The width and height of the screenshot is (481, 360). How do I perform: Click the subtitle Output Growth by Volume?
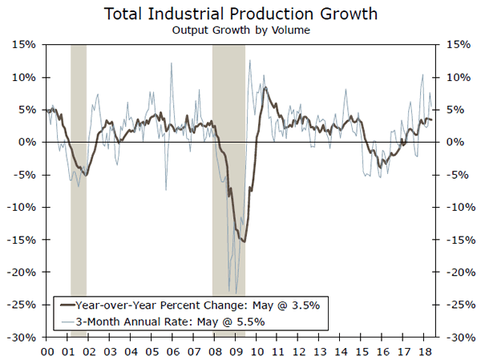pos(240,30)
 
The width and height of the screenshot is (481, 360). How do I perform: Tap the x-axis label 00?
pos(46,351)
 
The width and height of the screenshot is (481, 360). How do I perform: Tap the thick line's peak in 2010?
pos(265,87)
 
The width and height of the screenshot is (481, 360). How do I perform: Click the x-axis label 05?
pos(153,351)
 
